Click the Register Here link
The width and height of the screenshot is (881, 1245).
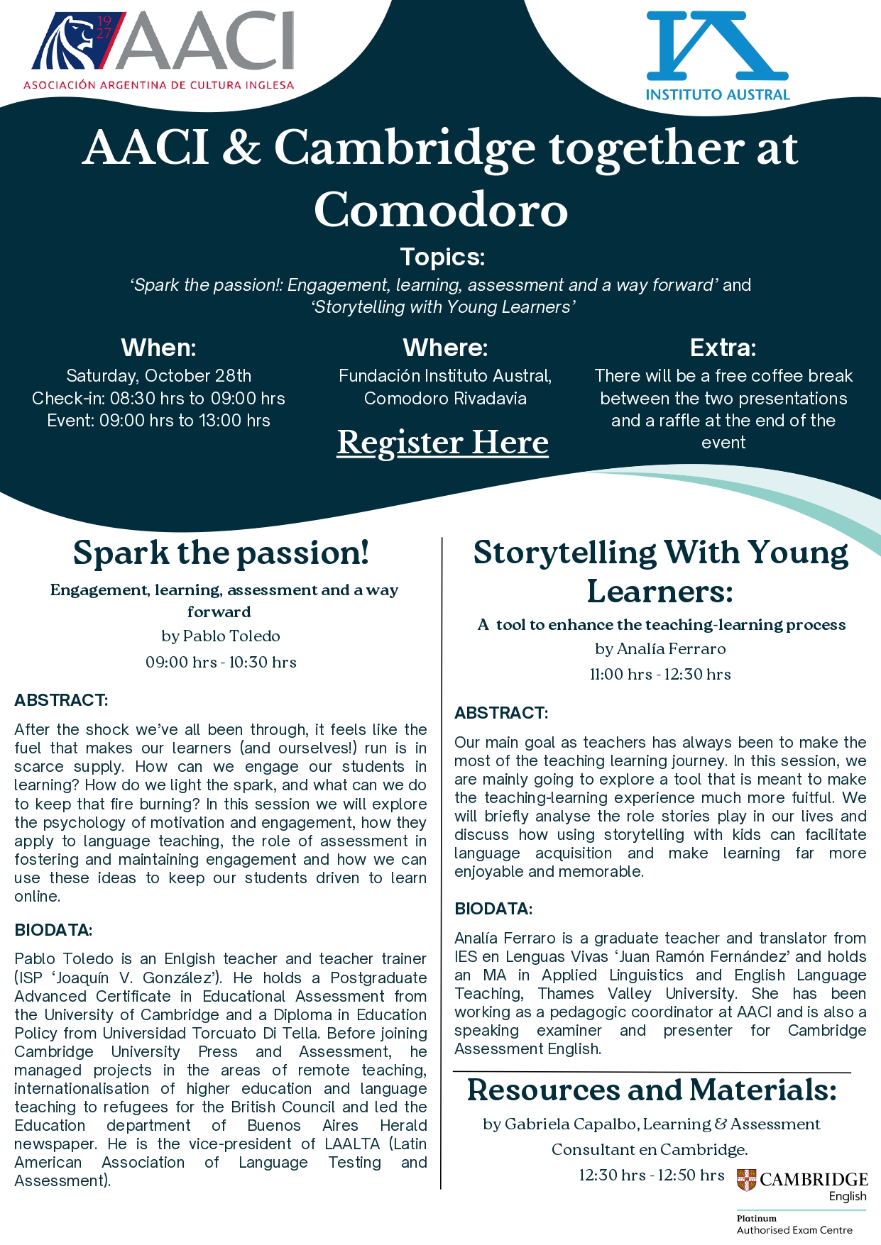tap(442, 443)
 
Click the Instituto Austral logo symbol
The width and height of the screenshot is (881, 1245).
tap(717, 45)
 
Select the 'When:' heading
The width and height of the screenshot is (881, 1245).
tap(158, 348)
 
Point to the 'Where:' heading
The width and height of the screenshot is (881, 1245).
tap(445, 348)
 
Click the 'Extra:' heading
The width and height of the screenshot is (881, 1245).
tap(723, 348)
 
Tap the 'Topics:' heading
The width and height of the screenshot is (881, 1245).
tap(442, 257)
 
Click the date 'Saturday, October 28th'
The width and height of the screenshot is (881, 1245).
tap(158, 376)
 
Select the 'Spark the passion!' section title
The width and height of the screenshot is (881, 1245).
tap(221, 553)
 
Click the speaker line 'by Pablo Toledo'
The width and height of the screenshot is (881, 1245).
tap(221, 636)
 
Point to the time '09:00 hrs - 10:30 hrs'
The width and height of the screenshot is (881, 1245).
tap(221, 663)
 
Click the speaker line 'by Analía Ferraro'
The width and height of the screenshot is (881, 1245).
tap(660, 649)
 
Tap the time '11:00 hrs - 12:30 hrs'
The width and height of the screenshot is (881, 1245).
tap(660, 675)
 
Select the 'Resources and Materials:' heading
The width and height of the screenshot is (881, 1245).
tap(652, 1090)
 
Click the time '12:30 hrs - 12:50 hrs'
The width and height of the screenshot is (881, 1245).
tap(651, 1175)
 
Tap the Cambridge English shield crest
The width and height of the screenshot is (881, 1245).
tap(746, 1180)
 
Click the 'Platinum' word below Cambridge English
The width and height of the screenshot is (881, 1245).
tap(756, 1219)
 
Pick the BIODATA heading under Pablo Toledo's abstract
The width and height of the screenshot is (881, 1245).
tap(53, 930)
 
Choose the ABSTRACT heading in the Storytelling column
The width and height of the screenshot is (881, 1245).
tap(501, 713)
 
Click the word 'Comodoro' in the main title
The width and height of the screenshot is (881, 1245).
tap(441, 210)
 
